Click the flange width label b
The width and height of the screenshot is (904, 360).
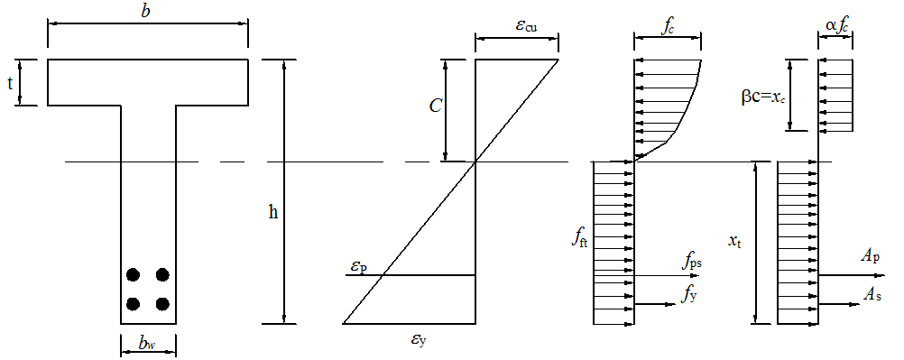(x=146, y=11)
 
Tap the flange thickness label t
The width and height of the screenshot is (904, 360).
(x=10, y=82)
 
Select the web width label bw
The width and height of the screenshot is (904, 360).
(x=145, y=344)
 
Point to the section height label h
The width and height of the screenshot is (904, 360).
(x=273, y=212)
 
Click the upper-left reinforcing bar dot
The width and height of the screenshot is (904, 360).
(x=134, y=274)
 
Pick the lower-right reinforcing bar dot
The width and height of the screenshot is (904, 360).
(x=162, y=303)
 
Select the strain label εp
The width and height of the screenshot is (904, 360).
(x=356, y=267)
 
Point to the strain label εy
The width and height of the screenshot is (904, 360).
(x=420, y=340)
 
